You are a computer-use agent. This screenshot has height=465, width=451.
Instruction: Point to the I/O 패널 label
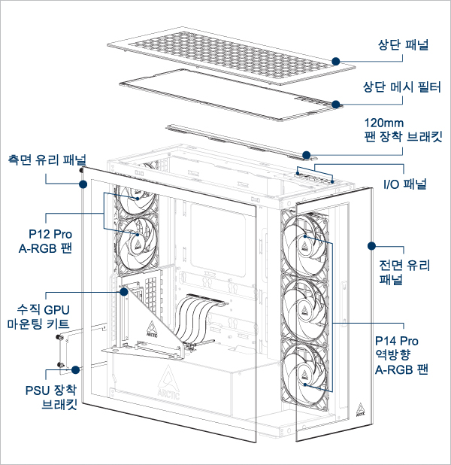click(404, 184)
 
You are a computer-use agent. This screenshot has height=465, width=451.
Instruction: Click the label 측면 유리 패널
click(47, 160)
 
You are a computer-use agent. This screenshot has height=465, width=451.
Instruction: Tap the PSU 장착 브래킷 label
click(51, 396)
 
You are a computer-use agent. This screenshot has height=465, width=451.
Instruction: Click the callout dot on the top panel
click(335, 59)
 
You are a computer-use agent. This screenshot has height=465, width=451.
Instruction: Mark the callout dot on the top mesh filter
click(336, 105)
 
